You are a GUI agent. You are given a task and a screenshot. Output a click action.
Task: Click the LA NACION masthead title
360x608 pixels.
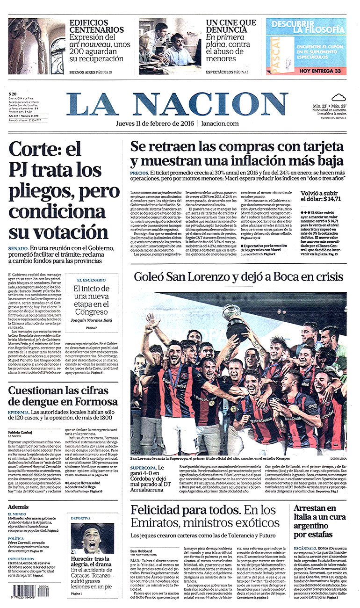[177, 104]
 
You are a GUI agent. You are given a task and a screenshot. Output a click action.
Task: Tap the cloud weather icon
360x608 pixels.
[338, 97]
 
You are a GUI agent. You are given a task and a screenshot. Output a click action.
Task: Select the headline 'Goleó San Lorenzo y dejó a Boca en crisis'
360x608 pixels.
[238, 276]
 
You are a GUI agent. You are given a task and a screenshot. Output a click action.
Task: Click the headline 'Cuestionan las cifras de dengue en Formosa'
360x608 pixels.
[63, 395]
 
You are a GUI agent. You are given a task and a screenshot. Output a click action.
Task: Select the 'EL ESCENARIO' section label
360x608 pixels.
[91, 280]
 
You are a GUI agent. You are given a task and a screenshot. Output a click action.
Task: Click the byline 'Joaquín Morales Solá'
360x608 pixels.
[91, 320]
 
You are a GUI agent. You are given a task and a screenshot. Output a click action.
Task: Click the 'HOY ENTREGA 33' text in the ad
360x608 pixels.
[320, 71]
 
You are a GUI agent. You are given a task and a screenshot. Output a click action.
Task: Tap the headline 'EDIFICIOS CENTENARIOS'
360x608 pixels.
[97, 26]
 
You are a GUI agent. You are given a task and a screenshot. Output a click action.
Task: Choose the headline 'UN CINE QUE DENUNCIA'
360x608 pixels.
[231, 26]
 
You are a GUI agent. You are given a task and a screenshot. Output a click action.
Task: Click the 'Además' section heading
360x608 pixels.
[18, 507]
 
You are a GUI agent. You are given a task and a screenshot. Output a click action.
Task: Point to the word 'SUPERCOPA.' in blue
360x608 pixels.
[143, 468]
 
